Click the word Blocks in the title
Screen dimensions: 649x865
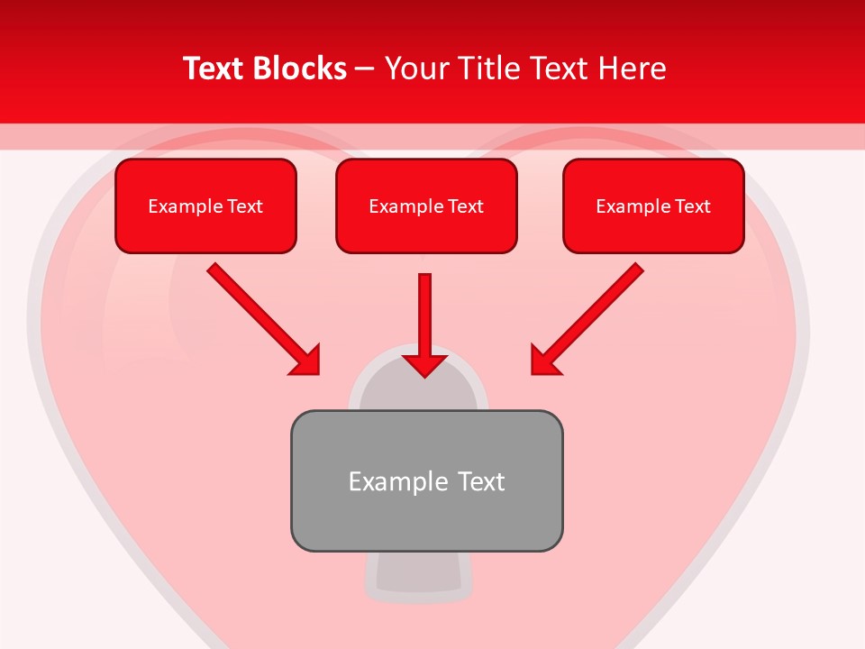299,69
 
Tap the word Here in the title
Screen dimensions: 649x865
634,69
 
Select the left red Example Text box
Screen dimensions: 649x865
205,206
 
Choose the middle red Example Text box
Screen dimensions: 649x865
426,206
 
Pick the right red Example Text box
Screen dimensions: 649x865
653,206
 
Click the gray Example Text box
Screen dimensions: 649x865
426,480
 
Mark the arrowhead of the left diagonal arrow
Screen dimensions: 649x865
306,361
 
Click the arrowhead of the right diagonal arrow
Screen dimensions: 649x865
544,361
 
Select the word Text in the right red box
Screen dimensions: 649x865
692,206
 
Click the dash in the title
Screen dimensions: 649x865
365,69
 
